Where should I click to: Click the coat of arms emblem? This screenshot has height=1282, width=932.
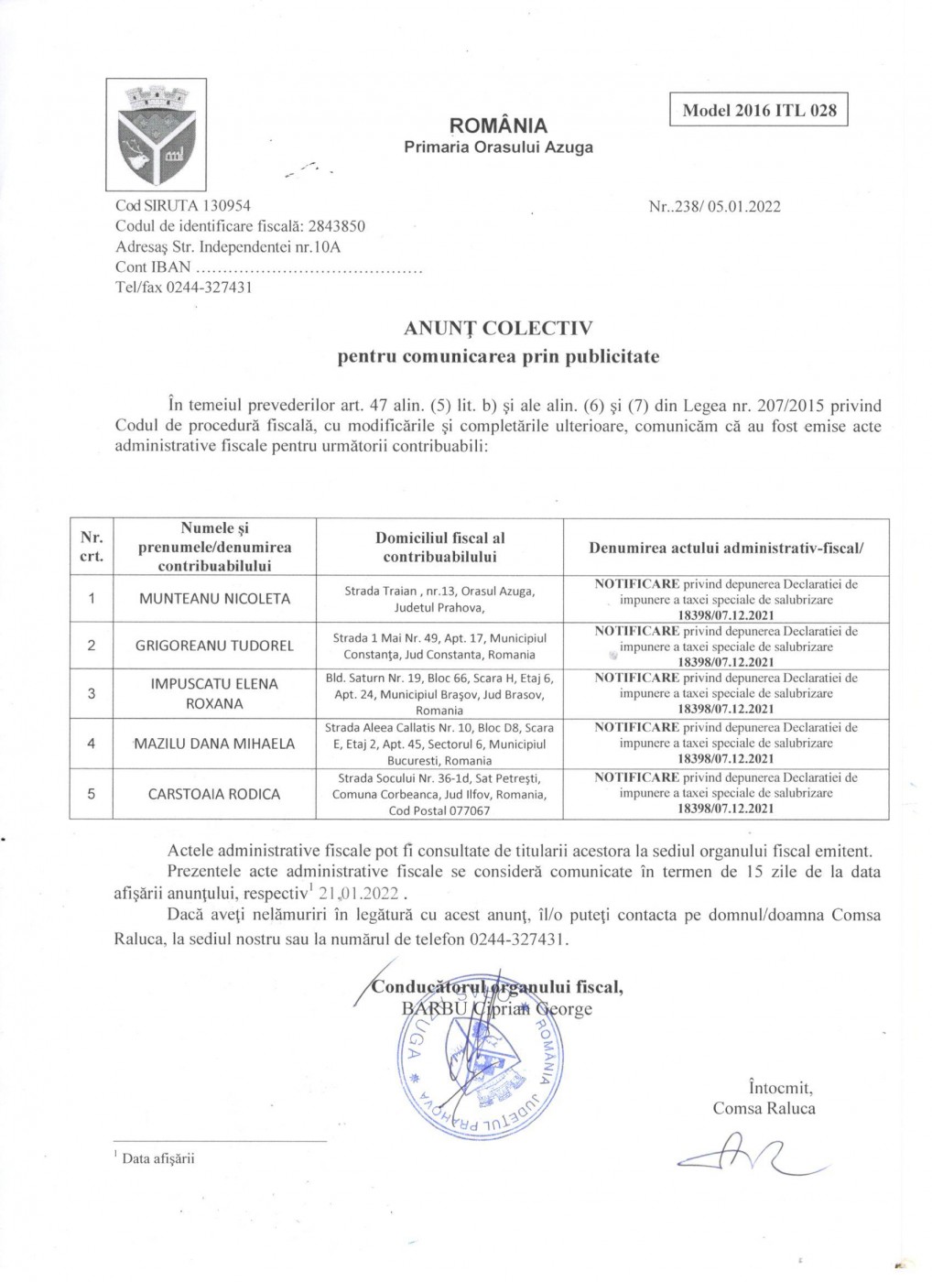pyautogui.click(x=157, y=135)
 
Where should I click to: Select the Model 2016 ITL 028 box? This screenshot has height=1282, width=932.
pyautogui.click(x=759, y=110)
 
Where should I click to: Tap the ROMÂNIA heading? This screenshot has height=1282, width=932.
pyautogui.click(x=498, y=125)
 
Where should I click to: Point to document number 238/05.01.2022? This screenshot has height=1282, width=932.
pyautogui.click(x=714, y=206)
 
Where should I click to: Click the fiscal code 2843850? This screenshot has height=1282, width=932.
pyautogui.click(x=331, y=226)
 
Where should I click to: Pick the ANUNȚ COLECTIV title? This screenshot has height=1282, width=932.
pyautogui.click(x=498, y=328)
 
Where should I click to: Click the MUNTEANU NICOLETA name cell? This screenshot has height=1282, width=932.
pyautogui.click(x=214, y=599)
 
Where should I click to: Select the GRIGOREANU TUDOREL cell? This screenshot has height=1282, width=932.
pyautogui.click(x=214, y=646)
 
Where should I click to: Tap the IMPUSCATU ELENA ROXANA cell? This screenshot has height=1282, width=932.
pyautogui.click(x=214, y=693)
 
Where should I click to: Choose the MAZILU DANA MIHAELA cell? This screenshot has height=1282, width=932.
pyautogui.click(x=214, y=744)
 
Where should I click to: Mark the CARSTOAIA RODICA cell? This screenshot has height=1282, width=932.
pyautogui.click(x=214, y=794)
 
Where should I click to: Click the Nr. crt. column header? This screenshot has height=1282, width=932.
pyautogui.click(x=92, y=547)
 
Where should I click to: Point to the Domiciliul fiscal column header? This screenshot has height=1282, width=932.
pyautogui.click(x=439, y=547)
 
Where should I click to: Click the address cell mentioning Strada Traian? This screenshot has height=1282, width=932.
pyautogui.click(x=439, y=599)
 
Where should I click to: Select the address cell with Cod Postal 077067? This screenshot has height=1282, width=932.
pyautogui.click(x=439, y=794)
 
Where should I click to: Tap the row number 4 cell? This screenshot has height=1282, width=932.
pyautogui.click(x=92, y=744)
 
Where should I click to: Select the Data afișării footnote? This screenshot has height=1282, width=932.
pyautogui.click(x=157, y=1158)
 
